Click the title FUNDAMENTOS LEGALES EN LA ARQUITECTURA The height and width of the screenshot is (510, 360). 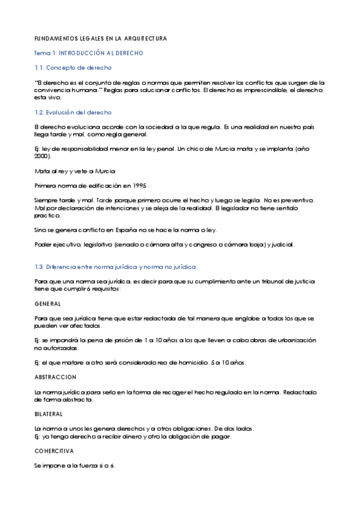[x=100, y=38]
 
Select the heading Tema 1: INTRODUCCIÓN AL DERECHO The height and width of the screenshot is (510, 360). [x=88, y=53]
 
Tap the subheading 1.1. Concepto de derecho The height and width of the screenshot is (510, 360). [x=73, y=68]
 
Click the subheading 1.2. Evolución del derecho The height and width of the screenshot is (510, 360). [x=73, y=112]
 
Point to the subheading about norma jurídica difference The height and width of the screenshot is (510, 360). [x=115, y=266]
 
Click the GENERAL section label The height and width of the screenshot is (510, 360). [x=47, y=304]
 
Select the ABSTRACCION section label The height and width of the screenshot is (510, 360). [x=55, y=377]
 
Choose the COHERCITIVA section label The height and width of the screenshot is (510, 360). [x=54, y=450]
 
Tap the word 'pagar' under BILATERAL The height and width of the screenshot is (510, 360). [x=221, y=437]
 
